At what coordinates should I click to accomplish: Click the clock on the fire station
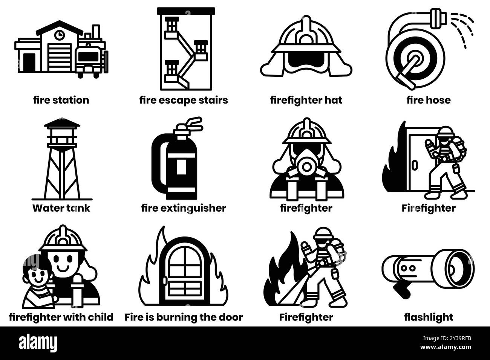[x=59, y=35]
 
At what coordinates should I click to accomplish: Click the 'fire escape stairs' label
[x=184, y=100]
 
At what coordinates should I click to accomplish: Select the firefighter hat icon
[x=306, y=47]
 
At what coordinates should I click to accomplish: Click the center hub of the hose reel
[x=415, y=59]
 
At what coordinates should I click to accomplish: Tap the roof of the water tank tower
[x=62, y=123]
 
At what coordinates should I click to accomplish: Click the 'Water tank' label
[x=61, y=208]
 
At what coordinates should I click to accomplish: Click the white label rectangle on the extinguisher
[x=182, y=166]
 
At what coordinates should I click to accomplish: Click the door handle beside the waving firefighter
[x=415, y=165]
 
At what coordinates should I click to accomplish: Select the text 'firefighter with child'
[x=61, y=317]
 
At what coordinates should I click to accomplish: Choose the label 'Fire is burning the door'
[x=184, y=317]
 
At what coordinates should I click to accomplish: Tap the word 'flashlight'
[x=429, y=317]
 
